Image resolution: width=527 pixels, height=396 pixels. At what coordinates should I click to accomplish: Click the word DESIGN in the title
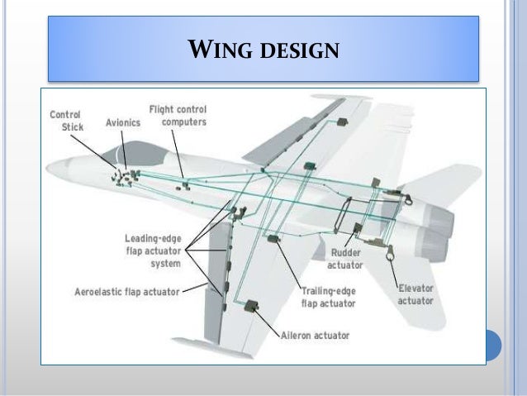298,51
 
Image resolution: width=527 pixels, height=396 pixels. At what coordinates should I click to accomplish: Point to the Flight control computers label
178,115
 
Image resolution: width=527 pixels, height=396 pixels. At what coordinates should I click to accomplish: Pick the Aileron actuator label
314,336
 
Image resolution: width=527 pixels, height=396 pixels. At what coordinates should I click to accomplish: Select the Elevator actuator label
415,295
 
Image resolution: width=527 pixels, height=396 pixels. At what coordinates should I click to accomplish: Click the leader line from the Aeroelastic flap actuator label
196,289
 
